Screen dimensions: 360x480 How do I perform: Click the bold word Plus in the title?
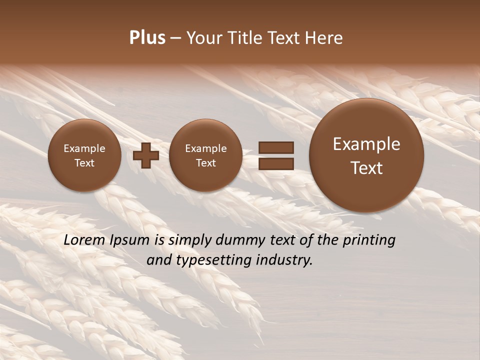(x=147, y=38)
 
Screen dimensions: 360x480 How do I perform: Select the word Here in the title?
(x=325, y=38)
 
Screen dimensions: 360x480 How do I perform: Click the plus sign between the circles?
(x=146, y=155)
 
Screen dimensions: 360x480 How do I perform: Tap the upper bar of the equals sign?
(x=275, y=147)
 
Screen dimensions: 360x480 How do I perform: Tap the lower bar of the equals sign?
(x=275, y=163)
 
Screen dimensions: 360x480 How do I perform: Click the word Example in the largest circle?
(x=366, y=144)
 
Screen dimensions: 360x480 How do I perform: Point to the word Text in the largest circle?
(x=366, y=168)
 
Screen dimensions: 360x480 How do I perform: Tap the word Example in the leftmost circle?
(x=84, y=148)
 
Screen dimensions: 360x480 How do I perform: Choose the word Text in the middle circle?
(x=205, y=163)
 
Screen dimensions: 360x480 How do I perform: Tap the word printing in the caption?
(x=369, y=240)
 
